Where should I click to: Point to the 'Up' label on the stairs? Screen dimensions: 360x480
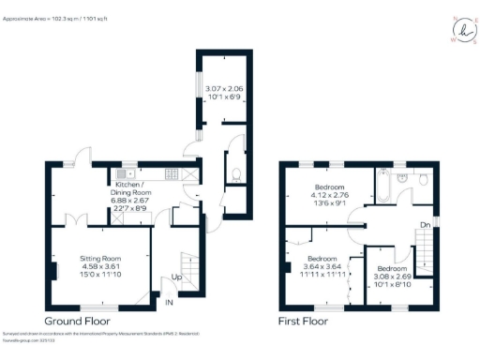(176, 278)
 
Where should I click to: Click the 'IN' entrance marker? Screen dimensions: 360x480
(170, 304)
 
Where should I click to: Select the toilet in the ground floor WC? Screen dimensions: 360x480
(235, 172)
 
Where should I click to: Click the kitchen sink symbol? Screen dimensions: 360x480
(127, 174)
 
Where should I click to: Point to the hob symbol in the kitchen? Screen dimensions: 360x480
(172, 174)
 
